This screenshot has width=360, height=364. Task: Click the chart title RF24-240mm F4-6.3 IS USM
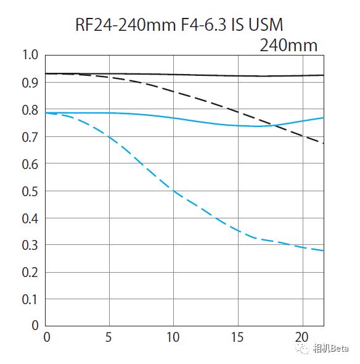click(x=179, y=25)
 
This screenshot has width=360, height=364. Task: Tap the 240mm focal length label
click(x=288, y=45)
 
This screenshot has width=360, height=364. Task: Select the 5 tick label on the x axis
click(x=110, y=337)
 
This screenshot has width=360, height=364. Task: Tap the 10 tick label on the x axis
click(x=174, y=337)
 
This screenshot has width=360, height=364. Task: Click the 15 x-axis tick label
click(x=238, y=337)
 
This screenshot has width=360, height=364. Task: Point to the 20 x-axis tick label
click(x=302, y=337)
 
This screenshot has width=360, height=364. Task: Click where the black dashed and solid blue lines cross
click(x=271, y=125)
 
